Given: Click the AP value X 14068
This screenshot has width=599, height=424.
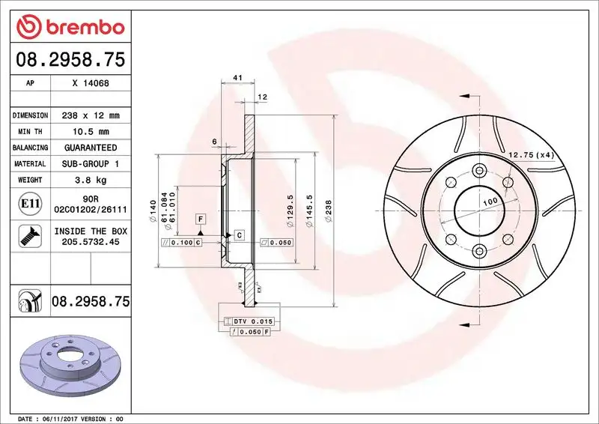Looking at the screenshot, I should coord(91,84).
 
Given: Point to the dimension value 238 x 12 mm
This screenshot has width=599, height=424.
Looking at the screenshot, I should coord(91,115).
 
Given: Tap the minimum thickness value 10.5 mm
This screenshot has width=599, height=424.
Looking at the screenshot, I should coord(91,132).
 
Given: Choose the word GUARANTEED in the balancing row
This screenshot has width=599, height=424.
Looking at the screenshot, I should coord(91,148).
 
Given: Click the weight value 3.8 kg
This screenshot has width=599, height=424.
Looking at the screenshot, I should coord(91,180).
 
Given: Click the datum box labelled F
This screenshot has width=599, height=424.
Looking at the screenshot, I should coord(200,219).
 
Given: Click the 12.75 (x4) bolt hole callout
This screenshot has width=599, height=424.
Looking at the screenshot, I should coord(531,155).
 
